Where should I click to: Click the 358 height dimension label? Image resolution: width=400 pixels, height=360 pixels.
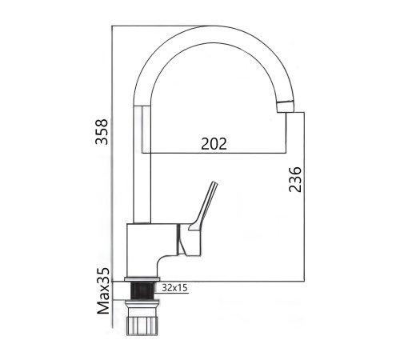pos(102,132)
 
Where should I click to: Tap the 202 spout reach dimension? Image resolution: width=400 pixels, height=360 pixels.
pos(214,144)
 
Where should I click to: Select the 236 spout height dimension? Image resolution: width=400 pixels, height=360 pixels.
pos(295,179)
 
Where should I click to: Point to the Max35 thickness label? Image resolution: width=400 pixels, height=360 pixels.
pos(103,291)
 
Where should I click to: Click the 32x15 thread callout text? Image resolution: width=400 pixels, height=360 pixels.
pos(175,288)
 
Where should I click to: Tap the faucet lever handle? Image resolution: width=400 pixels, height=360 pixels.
pos(204,206)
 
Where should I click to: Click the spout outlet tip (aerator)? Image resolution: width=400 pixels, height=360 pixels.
pos(286,106)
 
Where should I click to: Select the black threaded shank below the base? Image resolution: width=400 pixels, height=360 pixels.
pos(142,290)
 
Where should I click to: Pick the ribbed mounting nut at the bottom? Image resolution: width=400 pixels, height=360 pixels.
pos(142,326)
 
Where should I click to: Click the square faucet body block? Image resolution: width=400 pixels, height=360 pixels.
pos(151,250)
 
